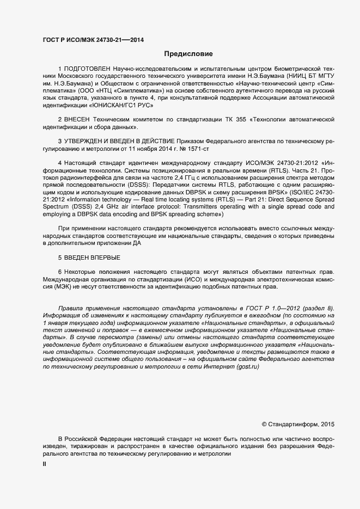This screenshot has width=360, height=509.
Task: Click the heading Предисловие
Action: (x=188, y=54)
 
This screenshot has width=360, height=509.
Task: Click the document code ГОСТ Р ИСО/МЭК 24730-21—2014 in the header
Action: (x=86, y=40)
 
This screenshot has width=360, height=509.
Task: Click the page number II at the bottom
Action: (x=45, y=464)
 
